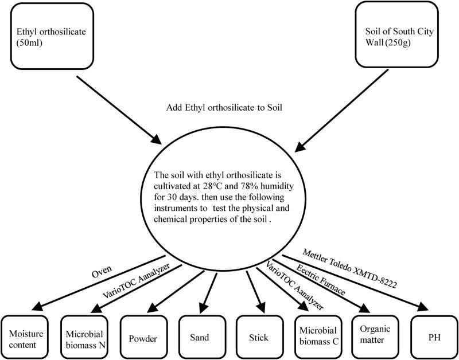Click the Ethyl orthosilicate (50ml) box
pos(52,36)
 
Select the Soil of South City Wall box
pos(396,34)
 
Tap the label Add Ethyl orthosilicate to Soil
pos(224,108)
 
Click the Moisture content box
pos(25,337)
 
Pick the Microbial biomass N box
pos(84,337)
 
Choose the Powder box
pos(143,337)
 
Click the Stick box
pos(260,337)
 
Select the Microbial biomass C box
pos(318,337)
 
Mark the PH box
pos(434,337)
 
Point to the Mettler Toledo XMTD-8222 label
pos(349,268)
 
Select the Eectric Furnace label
pos(321,279)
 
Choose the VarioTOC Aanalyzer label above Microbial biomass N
pos(136,280)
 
